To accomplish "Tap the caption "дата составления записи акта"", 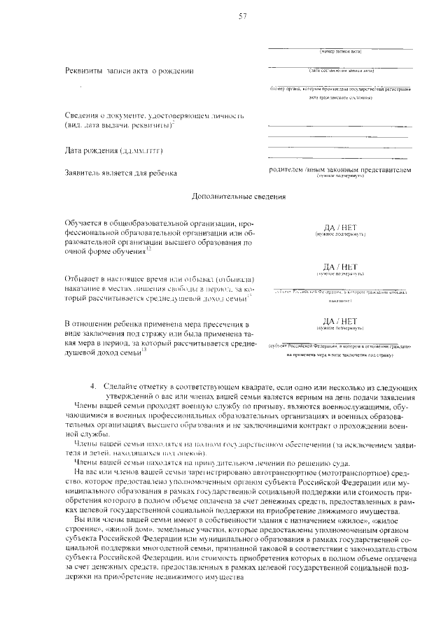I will pyautogui.click(x=340, y=71).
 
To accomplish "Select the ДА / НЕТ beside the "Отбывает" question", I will pyautogui.click(x=340, y=266).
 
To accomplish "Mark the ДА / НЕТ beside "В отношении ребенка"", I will pyautogui.click(x=340, y=321).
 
